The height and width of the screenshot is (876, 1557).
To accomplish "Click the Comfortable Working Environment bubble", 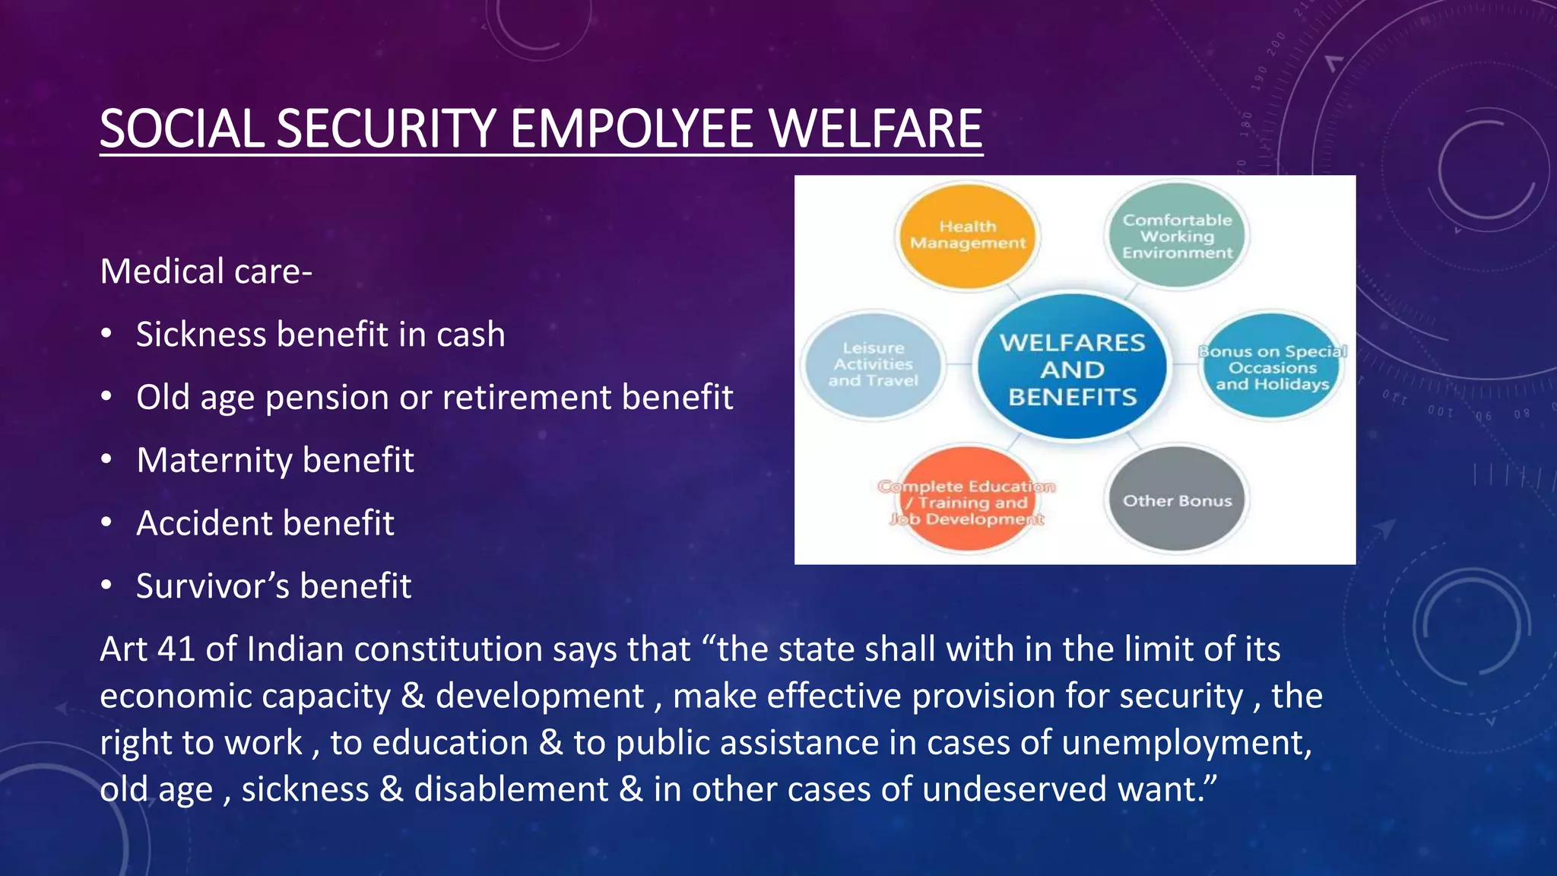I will click(x=1177, y=236).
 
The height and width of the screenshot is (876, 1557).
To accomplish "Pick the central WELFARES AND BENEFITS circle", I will click(x=1072, y=369).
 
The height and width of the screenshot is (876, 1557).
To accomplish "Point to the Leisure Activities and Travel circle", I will click(x=873, y=365).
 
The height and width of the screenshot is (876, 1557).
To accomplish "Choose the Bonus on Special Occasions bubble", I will click(x=1272, y=367).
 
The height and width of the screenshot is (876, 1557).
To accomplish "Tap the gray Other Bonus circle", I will click(x=1177, y=500).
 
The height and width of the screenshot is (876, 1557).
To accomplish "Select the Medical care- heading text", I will click(x=206, y=271).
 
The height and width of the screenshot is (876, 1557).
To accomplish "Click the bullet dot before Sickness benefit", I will click(x=106, y=334).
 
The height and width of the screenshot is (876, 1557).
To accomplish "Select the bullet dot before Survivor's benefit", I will click(x=106, y=586).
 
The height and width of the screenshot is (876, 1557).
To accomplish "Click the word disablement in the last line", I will click(x=511, y=789).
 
